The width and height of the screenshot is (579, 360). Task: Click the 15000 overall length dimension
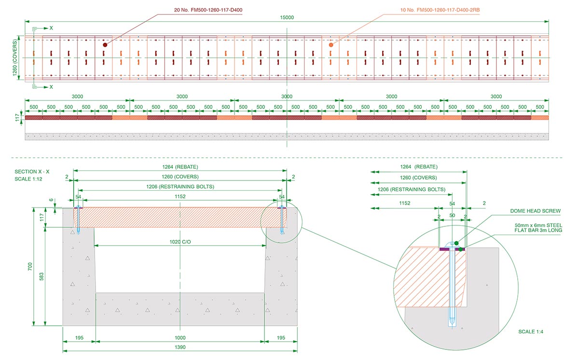287,17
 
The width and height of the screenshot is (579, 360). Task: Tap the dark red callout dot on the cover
105,44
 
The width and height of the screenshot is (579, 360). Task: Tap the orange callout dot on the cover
331,45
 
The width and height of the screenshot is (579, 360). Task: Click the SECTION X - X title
32,172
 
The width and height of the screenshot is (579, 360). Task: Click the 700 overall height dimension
29,266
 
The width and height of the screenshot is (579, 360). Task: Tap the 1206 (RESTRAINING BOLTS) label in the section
179,187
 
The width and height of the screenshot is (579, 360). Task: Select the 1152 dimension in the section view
179,196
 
